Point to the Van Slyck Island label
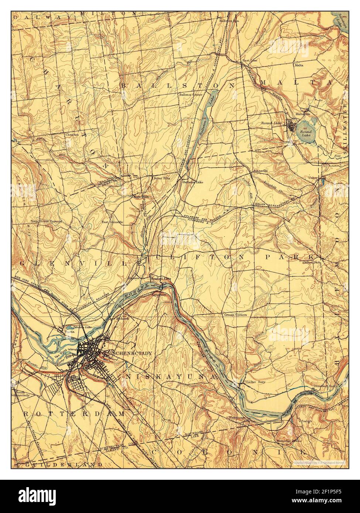coord(66,349)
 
